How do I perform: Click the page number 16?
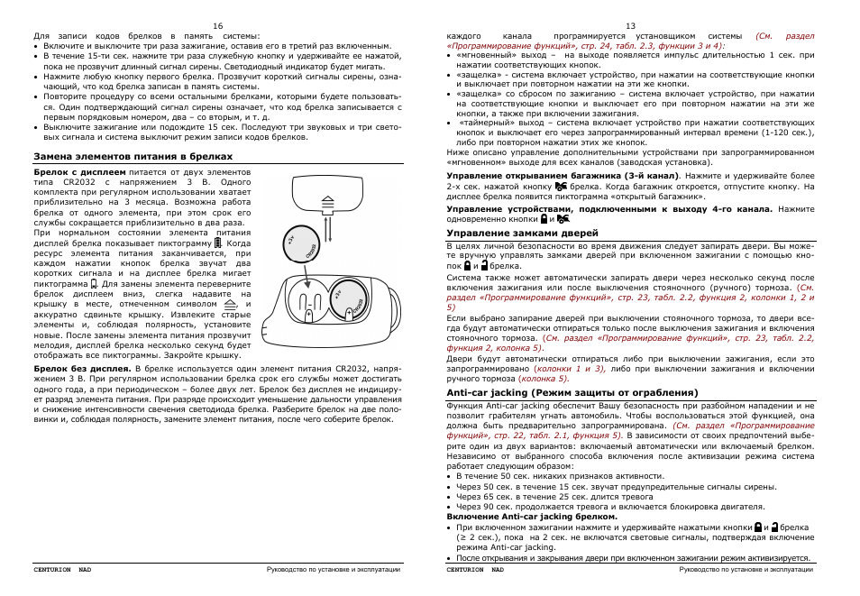(217, 26)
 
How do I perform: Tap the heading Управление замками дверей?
(510, 233)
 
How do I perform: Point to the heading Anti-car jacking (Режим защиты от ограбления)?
(572, 393)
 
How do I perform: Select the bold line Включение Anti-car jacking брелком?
(532, 517)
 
